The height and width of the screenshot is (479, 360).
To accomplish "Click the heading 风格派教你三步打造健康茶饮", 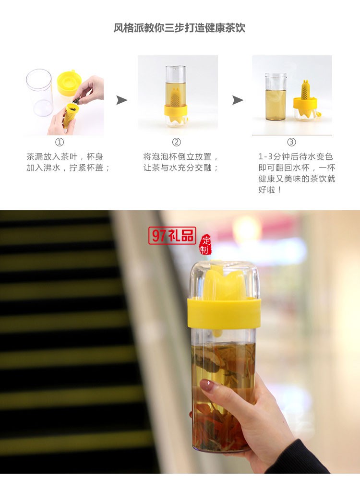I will [180, 28].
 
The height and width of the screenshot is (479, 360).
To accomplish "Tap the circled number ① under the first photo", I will [60, 142].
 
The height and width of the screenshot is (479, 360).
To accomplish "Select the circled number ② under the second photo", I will [176, 142].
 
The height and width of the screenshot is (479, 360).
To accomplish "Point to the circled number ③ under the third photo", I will [291, 142].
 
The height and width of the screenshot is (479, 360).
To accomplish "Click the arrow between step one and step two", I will [122, 100].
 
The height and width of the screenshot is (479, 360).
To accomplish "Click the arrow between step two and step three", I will [238, 100].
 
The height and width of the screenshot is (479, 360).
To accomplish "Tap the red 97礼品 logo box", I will [172, 235].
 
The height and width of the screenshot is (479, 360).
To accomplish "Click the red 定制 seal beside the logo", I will [205, 245].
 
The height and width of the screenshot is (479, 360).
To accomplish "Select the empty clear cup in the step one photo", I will [39, 92].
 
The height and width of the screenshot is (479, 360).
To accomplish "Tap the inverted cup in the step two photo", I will [176, 96].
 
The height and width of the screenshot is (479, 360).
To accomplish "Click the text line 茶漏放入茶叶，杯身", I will [65, 156].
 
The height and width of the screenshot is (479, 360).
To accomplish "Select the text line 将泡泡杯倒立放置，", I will [181, 156].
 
